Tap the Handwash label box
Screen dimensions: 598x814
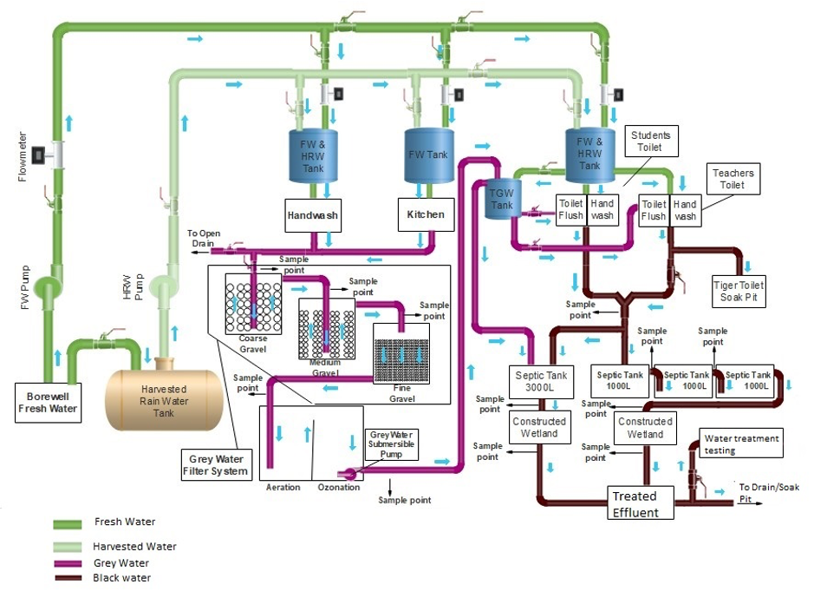coord(313,214)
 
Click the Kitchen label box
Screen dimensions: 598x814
coord(426,214)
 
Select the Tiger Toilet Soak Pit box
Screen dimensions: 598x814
coord(739,292)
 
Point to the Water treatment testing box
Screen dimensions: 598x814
coord(742,444)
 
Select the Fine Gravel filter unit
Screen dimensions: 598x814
coord(401,357)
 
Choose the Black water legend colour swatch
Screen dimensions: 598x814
coord(73,578)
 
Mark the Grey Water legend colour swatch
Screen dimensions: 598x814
coord(73,563)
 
